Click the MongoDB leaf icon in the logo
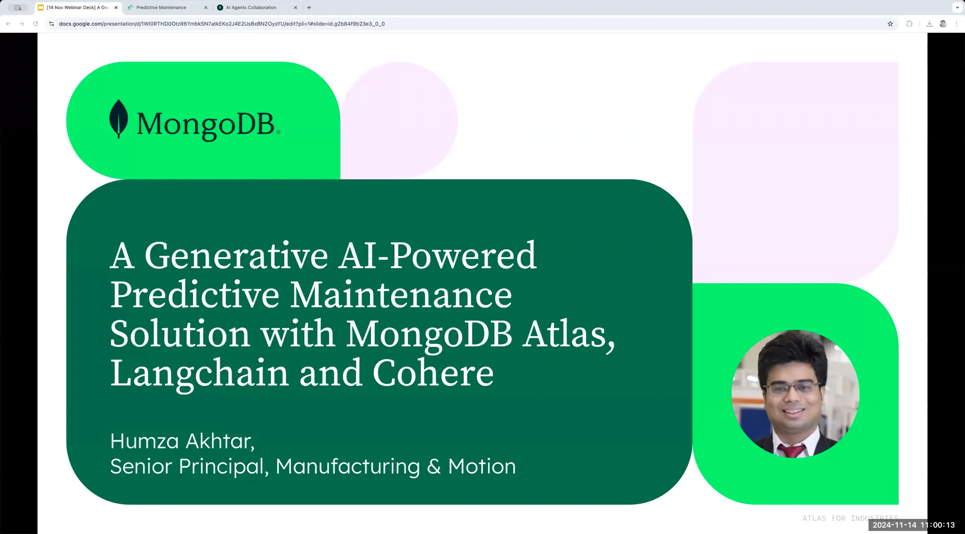(118, 119)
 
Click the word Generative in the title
(236, 256)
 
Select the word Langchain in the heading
(199, 373)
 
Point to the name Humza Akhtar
(182, 441)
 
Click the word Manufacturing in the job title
(348, 466)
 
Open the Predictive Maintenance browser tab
(161, 8)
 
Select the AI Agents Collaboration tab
(251, 8)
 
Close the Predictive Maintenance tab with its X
(205, 8)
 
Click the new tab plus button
(309, 8)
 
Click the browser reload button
(35, 24)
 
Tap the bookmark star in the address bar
(890, 24)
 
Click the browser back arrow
(8, 24)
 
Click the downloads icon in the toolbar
(929, 24)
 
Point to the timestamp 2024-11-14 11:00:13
(913, 525)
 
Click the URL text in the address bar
(222, 24)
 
